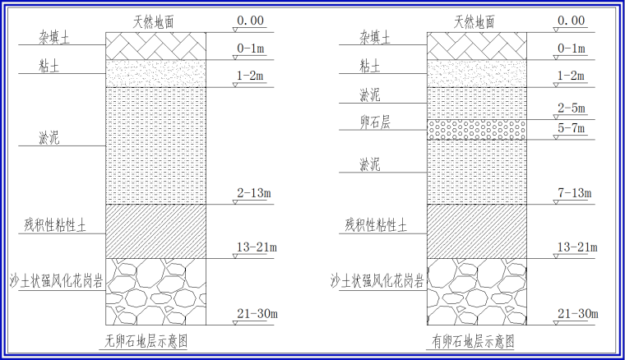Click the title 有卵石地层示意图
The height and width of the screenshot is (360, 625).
pos(475,342)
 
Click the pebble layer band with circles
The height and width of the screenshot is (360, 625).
pos(476,129)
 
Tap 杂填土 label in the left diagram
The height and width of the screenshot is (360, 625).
pos(53,38)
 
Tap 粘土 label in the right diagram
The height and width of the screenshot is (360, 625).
pos(369,64)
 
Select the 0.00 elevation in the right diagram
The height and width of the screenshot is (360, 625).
pos(572,21)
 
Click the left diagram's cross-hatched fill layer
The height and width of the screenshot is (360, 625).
pos(155,47)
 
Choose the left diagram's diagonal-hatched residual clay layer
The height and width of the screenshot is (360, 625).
pos(155,231)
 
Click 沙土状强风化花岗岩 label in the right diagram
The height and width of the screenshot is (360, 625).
pos(377,280)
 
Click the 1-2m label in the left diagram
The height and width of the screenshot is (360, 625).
pos(251,76)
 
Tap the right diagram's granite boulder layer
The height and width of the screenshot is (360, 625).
pos(476,291)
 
